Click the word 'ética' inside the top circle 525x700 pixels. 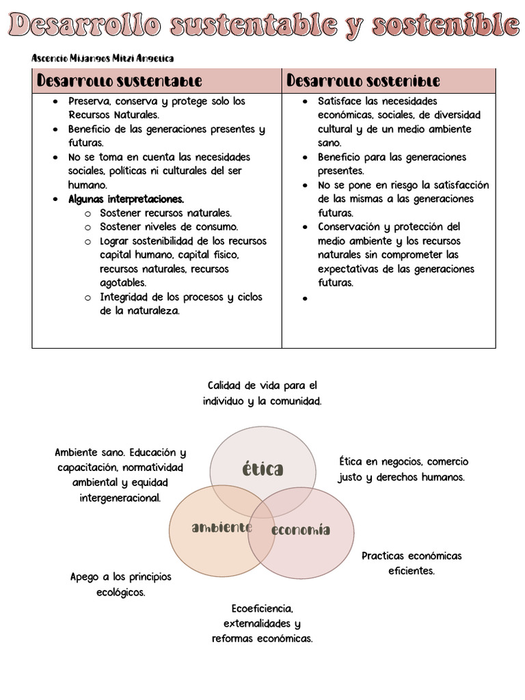click(262, 469)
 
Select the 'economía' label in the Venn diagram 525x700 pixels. click(301, 530)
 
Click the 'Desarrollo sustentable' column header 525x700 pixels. click(120, 81)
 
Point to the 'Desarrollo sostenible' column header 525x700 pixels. click(363, 81)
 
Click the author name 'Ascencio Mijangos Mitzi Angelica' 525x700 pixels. click(103, 59)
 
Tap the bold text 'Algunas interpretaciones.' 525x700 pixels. click(126, 199)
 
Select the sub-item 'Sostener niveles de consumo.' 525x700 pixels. click(169, 227)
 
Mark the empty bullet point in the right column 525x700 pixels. click(306, 299)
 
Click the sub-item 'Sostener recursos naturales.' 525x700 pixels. click(165, 213)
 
